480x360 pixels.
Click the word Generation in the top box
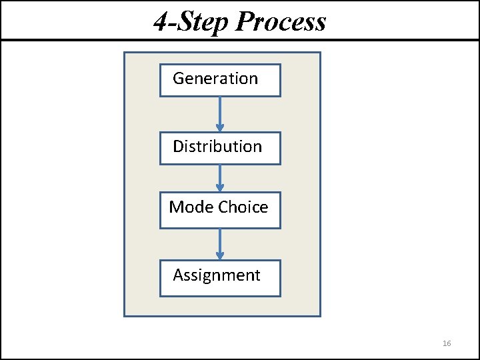(215, 79)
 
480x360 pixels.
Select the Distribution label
(217, 147)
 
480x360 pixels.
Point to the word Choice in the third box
(243, 207)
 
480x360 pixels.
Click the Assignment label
(217, 275)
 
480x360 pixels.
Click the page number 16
(447, 343)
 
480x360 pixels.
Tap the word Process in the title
(281, 22)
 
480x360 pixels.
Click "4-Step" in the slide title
(192, 22)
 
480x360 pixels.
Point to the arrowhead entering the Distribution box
(220, 128)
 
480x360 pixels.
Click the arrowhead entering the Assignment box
(220, 256)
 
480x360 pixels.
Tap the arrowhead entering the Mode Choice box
(220, 188)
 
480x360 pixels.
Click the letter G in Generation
(179, 79)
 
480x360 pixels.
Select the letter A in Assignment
(178, 275)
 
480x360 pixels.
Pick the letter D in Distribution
(178, 147)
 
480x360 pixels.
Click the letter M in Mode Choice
(175, 207)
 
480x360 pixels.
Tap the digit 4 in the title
(160, 22)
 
